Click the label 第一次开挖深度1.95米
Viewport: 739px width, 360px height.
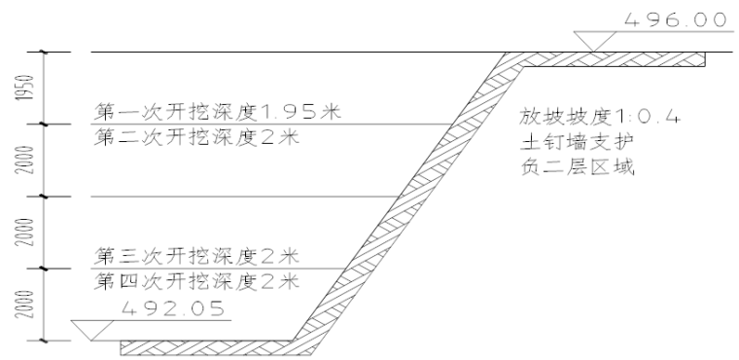(x=219, y=111)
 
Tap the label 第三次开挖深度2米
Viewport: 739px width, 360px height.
(x=195, y=257)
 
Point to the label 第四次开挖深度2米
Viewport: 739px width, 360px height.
(x=195, y=282)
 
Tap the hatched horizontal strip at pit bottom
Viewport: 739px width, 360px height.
(x=204, y=346)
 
